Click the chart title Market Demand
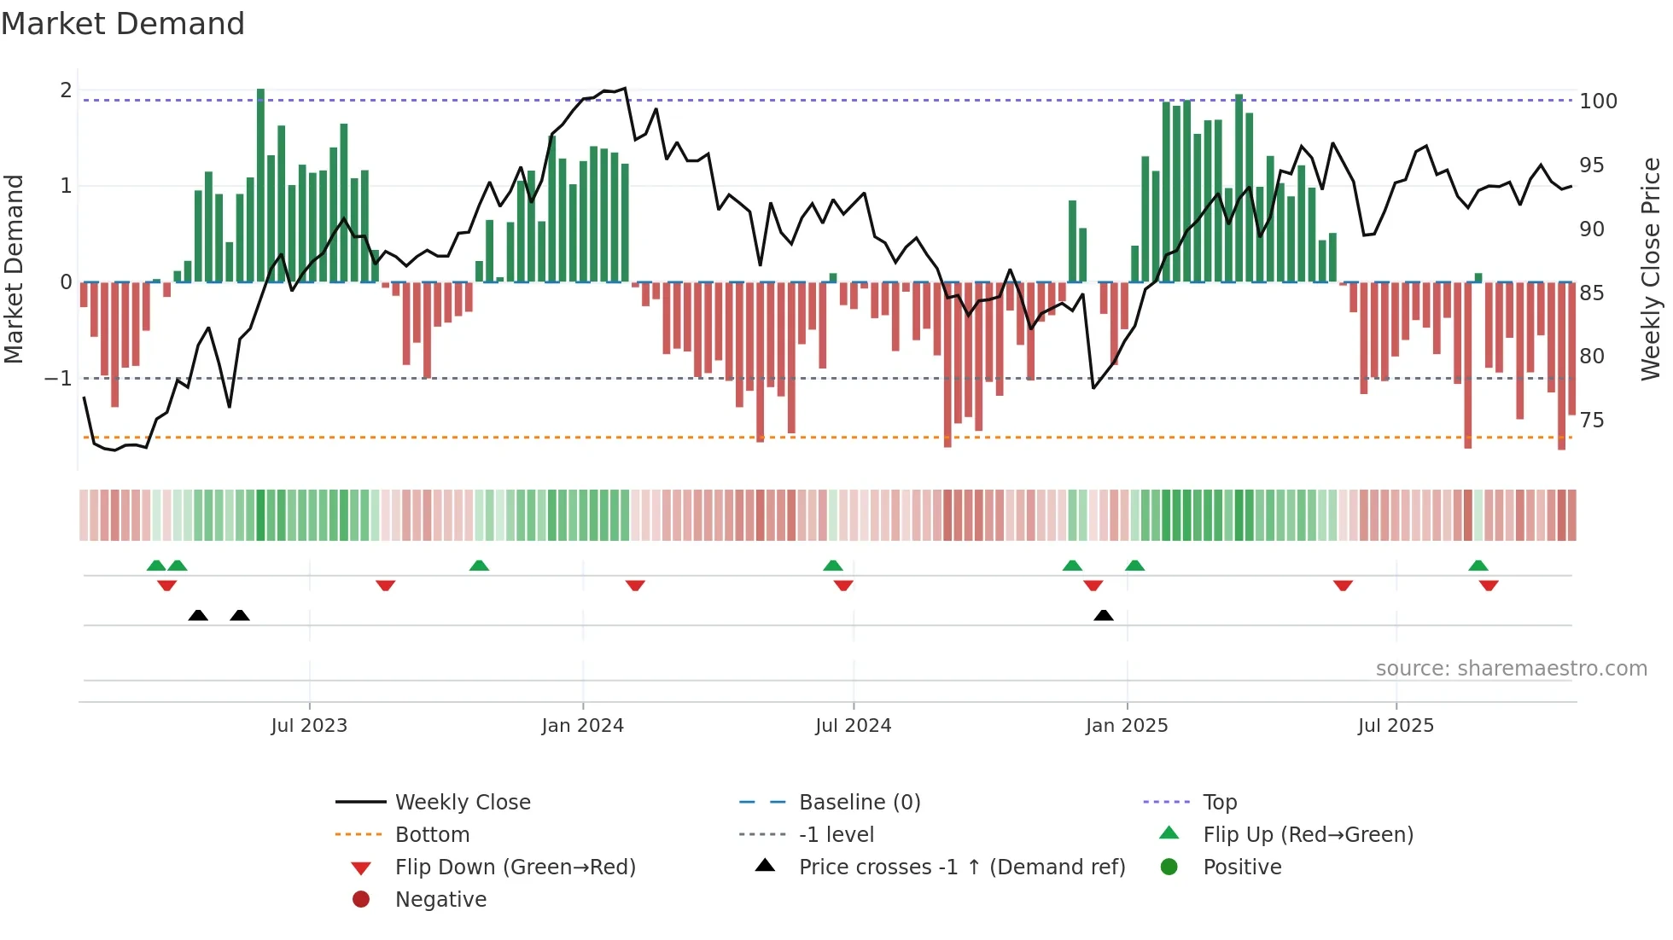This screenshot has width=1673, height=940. (123, 24)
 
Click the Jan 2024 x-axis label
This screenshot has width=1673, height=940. (582, 726)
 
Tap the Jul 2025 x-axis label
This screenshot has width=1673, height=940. (1396, 726)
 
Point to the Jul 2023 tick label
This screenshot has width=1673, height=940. (309, 726)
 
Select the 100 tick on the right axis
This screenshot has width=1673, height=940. (1598, 102)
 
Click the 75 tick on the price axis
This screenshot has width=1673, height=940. (1592, 421)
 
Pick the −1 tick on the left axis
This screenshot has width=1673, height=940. (58, 378)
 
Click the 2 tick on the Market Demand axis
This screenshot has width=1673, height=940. (66, 90)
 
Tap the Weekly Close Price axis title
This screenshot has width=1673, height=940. (1651, 269)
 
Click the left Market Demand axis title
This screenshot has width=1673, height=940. (14, 269)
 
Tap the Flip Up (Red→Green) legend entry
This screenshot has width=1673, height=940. (1308, 835)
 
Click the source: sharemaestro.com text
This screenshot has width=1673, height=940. (1511, 669)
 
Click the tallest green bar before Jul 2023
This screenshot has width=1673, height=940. (260, 183)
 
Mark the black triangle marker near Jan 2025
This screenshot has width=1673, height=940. (1104, 615)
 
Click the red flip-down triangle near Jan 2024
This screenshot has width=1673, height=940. (635, 586)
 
